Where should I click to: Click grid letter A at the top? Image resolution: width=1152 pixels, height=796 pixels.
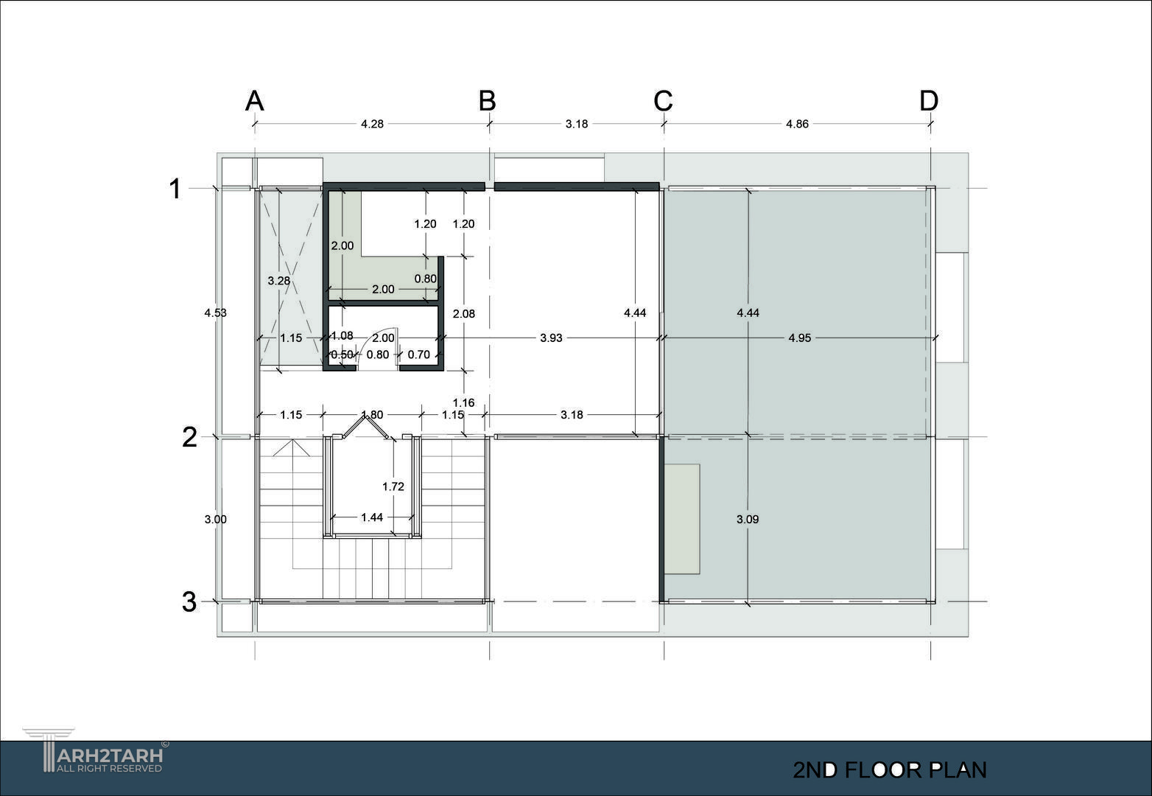point(255,101)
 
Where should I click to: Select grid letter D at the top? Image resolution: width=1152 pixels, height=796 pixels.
point(929,101)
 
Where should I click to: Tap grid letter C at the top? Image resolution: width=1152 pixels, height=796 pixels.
point(663,101)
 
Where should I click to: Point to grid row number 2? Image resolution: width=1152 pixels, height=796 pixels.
point(189,437)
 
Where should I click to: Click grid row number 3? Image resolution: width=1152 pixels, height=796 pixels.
point(189,602)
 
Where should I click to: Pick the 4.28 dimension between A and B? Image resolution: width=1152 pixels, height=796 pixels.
point(372,124)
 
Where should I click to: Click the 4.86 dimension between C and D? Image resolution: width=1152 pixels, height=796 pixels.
point(797,124)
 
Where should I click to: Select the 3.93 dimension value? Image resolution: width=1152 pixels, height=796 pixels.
point(551,338)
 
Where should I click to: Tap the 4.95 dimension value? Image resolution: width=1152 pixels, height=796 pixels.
point(800,338)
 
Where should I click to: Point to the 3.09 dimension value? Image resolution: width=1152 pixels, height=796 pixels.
point(748,520)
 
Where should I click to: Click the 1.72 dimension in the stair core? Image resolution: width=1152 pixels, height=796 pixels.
point(393,486)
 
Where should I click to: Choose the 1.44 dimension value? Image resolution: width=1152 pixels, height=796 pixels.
point(372,517)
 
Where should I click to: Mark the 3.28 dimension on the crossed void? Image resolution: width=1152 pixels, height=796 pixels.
point(278,281)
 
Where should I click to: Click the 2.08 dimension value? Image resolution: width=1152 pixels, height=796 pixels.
point(463,314)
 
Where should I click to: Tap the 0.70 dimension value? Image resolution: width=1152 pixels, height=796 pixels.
point(418,355)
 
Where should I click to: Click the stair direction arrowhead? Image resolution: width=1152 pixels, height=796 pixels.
point(292,447)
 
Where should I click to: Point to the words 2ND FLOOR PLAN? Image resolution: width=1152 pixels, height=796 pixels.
point(890,770)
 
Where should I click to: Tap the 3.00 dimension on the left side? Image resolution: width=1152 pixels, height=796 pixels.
point(216,520)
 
